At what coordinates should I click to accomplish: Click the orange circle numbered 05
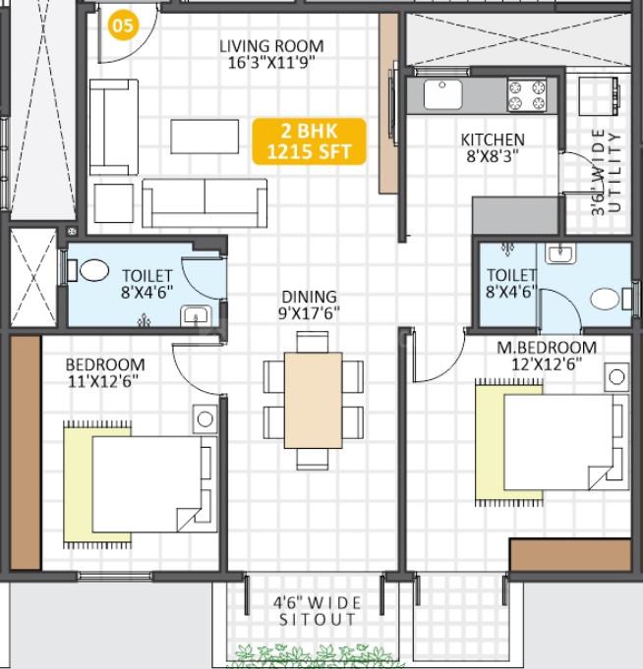(x=123, y=26)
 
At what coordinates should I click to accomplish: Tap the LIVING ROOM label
(x=271, y=46)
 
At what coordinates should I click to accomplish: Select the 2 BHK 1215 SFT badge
(x=309, y=141)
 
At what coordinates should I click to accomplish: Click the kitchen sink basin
(x=442, y=94)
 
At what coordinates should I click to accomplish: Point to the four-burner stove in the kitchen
(x=527, y=94)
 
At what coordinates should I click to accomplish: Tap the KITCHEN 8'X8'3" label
(x=493, y=147)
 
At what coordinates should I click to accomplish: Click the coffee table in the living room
(x=205, y=137)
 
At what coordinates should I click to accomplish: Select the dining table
(x=314, y=400)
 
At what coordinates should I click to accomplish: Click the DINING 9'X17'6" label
(x=309, y=306)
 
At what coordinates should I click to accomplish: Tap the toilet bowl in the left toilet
(x=94, y=270)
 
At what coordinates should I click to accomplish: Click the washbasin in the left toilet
(x=196, y=315)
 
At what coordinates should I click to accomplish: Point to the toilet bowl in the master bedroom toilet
(x=605, y=299)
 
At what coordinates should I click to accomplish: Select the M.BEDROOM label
(x=547, y=348)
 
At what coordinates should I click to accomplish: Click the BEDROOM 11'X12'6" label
(x=105, y=372)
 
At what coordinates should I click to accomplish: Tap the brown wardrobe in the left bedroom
(x=26, y=452)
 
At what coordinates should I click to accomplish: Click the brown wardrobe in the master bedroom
(x=571, y=555)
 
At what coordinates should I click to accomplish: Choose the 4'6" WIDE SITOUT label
(x=317, y=611)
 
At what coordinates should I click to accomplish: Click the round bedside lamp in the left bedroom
(x=205, y=418)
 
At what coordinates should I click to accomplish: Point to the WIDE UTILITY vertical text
(x=606, y=171)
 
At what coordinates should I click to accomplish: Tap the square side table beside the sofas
(x=114, y=203)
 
